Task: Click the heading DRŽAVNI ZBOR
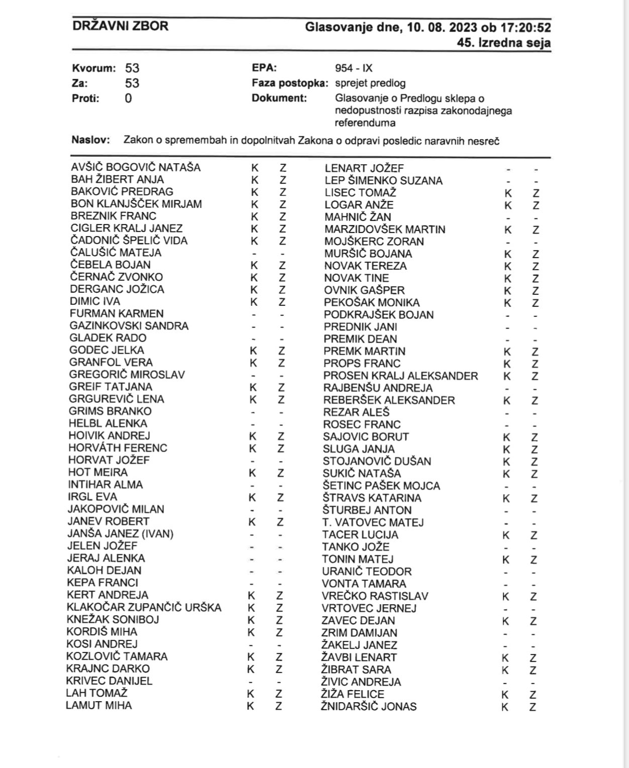(x=120, y=26)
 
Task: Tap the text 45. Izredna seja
(x=503, y=43)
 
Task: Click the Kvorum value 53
(x=132, y=68)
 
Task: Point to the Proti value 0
(x=129, y=98)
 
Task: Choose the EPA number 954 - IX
(x=354, y=68)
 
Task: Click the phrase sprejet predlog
(x=370, y=83)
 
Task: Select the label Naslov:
(x=90, y=140)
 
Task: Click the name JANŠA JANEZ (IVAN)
(x=121, y=533)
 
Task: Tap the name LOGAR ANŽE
(x=359, y=205)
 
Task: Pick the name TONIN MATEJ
(x=358, y=559)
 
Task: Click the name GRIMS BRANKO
(x=110, y=411)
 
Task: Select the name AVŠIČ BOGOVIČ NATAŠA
(x=136, y=167)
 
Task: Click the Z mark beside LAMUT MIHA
(x=279, y=706)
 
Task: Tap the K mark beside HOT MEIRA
(x=253, y=473)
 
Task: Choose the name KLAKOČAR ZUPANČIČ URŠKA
(x=144, y=607)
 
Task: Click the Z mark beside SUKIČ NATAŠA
(x=535, y=474)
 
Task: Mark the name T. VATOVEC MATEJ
(x=373, y=522)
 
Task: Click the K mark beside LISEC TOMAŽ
(x=508, y=193)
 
